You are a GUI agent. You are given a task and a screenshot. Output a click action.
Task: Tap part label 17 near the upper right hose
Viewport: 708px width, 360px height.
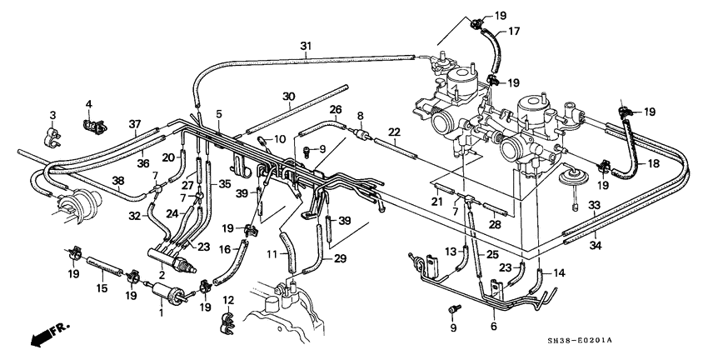(x=514, y=32)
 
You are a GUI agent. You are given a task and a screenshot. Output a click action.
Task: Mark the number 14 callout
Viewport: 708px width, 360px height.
(x=559, y=272)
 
